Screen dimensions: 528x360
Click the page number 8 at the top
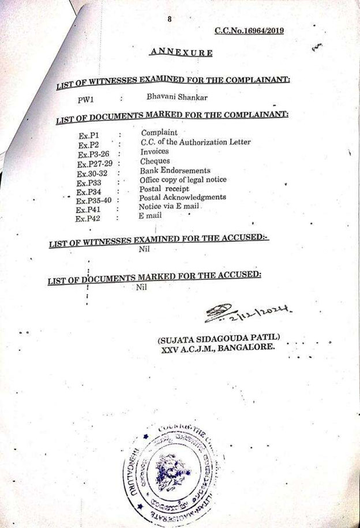[x=170, y=19]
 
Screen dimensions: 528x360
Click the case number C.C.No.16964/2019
[x=249, y=31]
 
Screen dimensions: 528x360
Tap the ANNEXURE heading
[x=181, y=53]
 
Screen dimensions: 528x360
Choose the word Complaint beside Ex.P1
[x=159, y=133]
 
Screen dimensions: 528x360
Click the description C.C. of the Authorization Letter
[x=196, y=142]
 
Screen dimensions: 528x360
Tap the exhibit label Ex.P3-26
[x=93, y=154]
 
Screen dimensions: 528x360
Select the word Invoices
[x=154, y=152]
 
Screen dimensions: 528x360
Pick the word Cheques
[x=155, y=161]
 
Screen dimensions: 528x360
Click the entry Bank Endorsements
[x=175, y=171]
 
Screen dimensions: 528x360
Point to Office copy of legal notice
[x=183, y=180]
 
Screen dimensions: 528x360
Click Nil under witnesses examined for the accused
[x=144, y=250]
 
